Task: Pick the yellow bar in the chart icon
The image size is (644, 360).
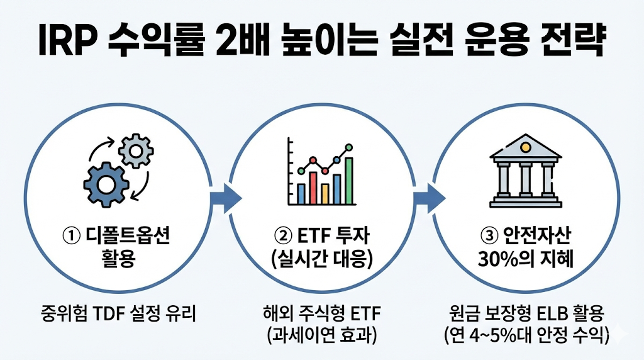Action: (325, 192)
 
